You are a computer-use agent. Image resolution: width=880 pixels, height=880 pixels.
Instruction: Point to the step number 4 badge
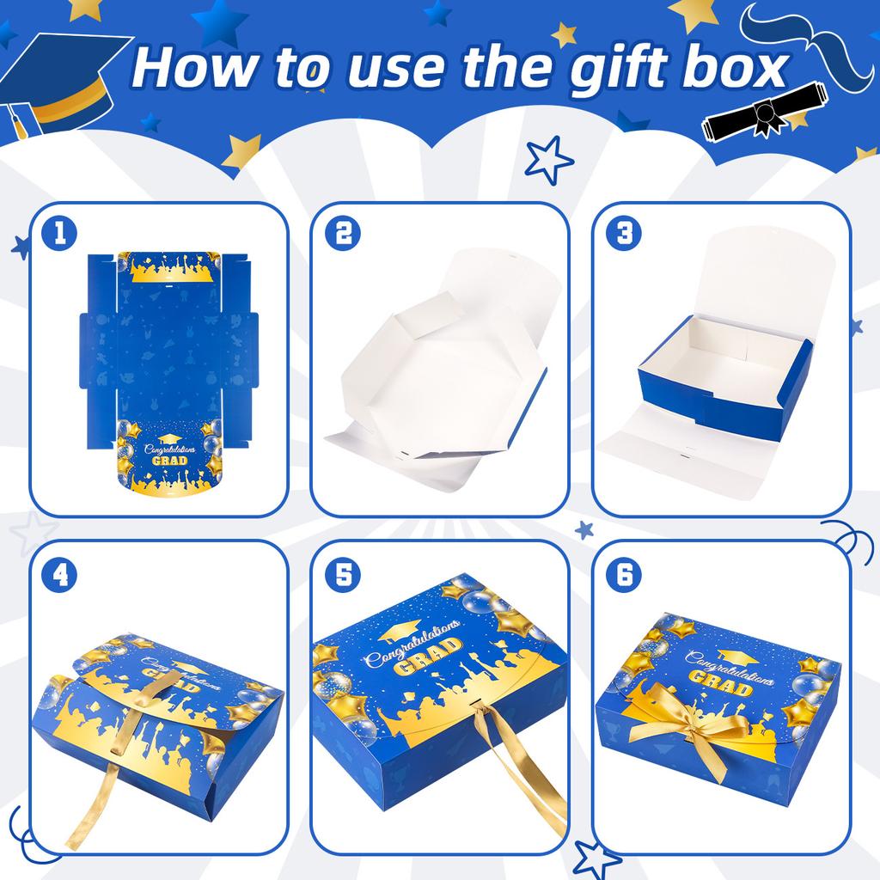[x=59, y=574]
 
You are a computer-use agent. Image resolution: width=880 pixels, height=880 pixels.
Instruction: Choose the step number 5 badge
[x=342, y=574]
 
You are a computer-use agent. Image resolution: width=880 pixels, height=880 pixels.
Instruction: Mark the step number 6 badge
[x=622, y=574]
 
